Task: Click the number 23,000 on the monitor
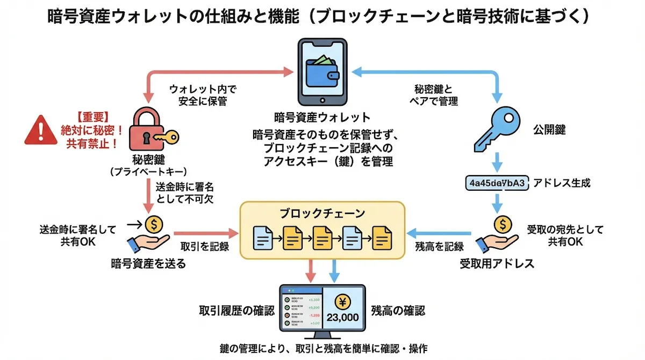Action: click(342, 317)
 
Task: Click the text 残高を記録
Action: click(440, 247)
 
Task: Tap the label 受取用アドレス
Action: click(497, 263)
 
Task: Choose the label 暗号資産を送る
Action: click(148, 263)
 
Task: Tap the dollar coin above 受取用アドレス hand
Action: click(502, 222)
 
